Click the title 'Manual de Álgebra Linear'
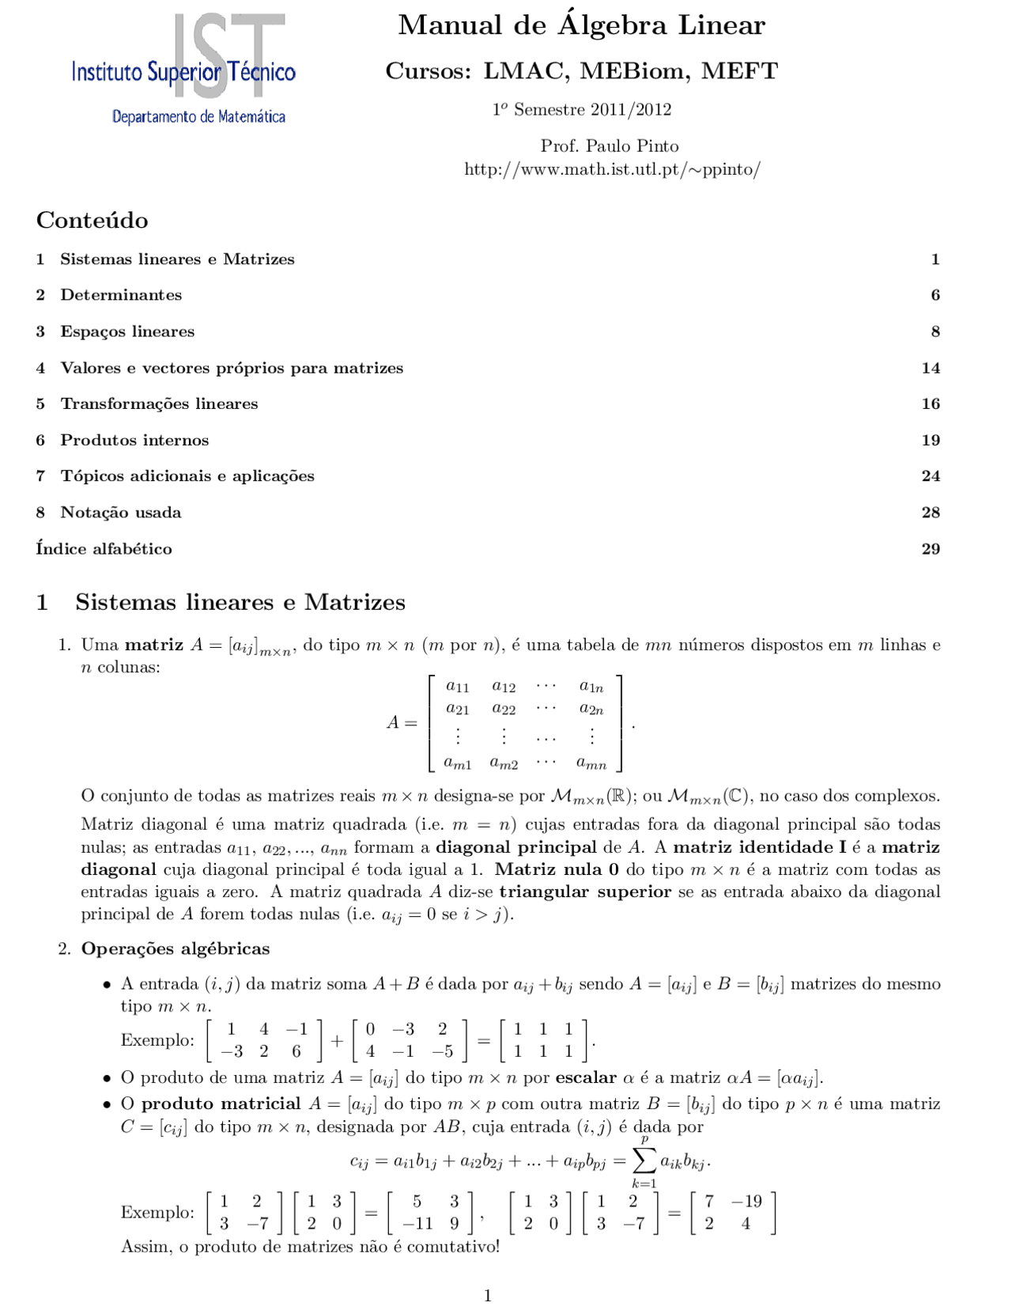(x=581, y=25)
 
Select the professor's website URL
(x=612, y=169)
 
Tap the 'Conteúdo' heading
(x=92, y=220)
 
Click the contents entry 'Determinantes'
(x=121, y=295)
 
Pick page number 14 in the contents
(x=931, y=368)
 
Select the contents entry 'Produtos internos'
(x=134, y=440)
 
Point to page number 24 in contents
(x=931, y=476)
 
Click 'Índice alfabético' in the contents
(x=104, y=549)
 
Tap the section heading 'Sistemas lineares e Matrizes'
(x=240, y=603)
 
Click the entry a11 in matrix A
(x=457, y=687)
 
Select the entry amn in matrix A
(x=591, y=763)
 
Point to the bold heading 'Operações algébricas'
(x=176, y=948)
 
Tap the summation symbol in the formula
(x=644, y=1160)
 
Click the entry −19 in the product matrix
(x=746, y=1202)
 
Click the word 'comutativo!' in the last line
(x=453, y=1247)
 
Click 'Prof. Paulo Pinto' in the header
(x=610, y=146)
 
